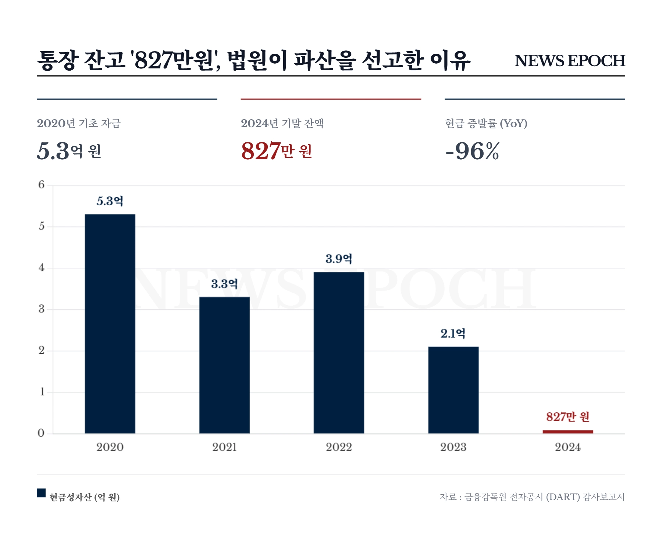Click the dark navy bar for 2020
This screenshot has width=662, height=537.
(110, 324)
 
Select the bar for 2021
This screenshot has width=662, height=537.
(224, 365)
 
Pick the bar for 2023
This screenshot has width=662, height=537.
(453, 390)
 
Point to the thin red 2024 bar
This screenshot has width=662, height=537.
(567, 432)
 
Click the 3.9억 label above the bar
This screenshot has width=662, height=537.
(339, 259)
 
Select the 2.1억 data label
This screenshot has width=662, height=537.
(453, 334)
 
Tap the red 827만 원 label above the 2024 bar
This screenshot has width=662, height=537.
(567, 417)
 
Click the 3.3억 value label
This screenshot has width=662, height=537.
(224, 284)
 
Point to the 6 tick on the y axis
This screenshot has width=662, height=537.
(41, 185)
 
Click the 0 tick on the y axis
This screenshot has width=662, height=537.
(41, 433)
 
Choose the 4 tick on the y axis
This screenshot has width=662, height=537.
(41, 268)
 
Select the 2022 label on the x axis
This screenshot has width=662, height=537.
(339, 447)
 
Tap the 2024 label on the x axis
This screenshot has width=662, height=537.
(567, 447)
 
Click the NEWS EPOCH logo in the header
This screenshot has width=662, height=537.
(570, 61)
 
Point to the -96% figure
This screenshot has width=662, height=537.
(472, 151)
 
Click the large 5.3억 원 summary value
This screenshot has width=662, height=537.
(69, 151)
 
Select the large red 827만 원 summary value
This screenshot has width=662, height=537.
(277, 151)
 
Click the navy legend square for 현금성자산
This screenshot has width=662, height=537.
(41, 493)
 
